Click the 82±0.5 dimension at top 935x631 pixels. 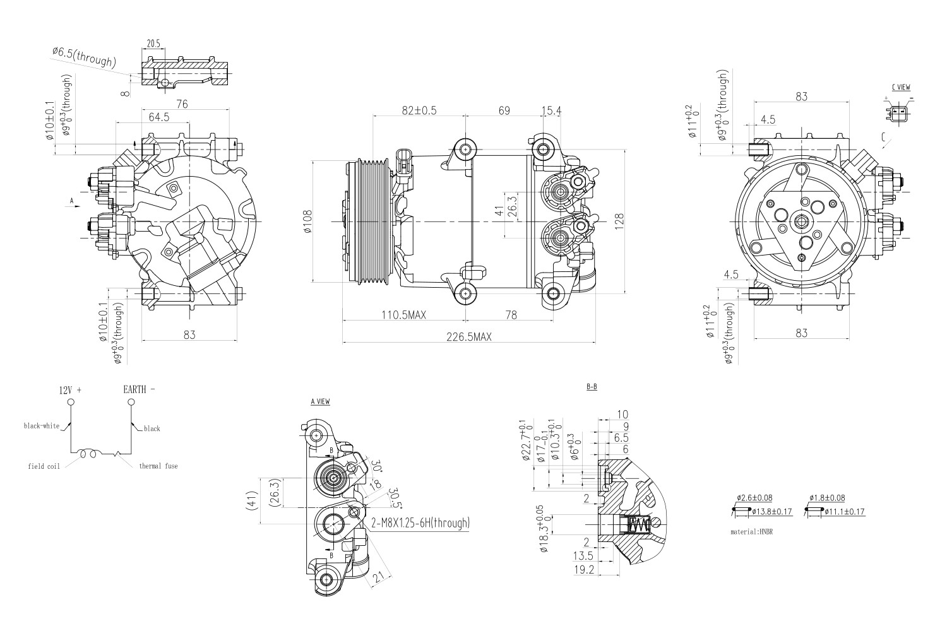tap(419, 110)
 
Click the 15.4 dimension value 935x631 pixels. tap(551, 110)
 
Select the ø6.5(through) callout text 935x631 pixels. tap(83, 57)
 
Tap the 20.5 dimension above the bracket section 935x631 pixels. tap(153, 44)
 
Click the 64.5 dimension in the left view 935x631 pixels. tap(158, 117)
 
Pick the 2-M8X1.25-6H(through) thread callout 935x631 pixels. tap(420, 522)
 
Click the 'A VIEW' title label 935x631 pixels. tap(320, 402)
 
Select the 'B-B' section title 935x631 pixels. tap(592, 387)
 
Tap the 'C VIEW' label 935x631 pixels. tap(900, 86)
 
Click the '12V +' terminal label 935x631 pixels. tap(70, 390)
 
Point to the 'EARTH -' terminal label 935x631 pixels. tap(138, 390)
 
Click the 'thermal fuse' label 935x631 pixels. tap(158, 466)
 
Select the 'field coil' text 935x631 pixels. tap(44, 467)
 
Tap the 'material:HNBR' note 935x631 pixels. tap(751, 532)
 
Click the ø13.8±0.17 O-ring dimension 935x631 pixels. tap(772, 511)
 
